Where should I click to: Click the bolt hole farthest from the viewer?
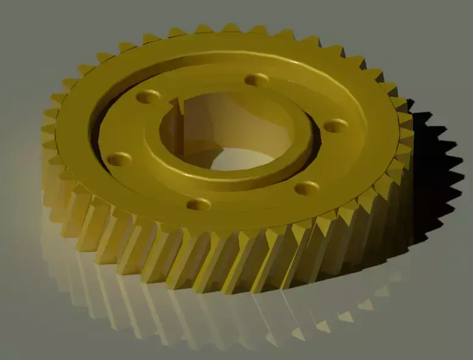[256, 79]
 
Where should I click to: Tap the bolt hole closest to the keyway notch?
[148, 96]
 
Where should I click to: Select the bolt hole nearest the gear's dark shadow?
[335, 126]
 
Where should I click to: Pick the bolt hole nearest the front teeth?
[199, 204]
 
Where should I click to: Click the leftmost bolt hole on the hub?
[119, 159]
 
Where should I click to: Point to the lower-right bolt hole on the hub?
[306, 187]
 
